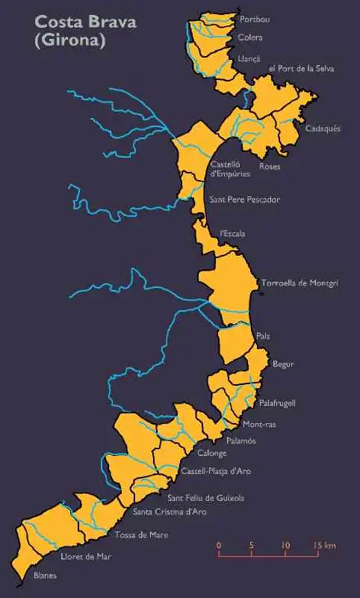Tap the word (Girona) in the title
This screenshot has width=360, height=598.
(69, 41)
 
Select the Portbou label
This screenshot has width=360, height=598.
(255, 19)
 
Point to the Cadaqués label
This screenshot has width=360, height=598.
(323, 129)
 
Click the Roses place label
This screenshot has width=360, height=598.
(270, 166)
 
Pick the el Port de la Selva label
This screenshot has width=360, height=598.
(301, 69)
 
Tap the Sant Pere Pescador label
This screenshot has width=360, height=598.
(244, 200)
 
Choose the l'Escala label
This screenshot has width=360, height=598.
(232, 234)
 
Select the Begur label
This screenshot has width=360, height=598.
(283, 364)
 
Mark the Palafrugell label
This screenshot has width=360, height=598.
(277, 403)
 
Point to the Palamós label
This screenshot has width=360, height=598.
(240, 441)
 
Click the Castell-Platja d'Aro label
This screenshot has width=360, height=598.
(215, 472)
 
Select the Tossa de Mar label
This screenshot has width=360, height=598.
(141, 535)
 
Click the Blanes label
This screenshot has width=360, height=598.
(45, 576)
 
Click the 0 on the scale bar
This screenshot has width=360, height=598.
(219, 546)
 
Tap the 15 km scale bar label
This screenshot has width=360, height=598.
(324, 546)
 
